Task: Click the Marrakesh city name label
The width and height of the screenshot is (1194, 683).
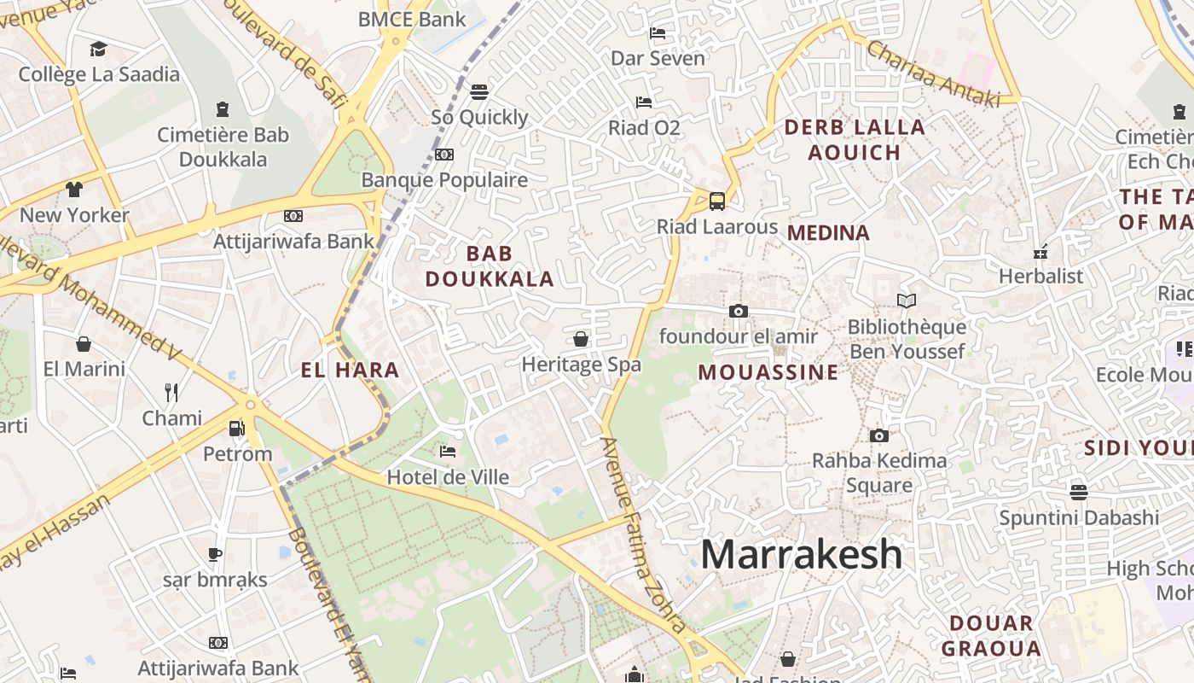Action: pyautogui.click(x=801, y=554)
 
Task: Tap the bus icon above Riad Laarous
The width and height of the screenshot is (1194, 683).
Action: pyautogui.click(x=717, y=201)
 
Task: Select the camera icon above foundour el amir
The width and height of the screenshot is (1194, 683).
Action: pyautogui.click(x=739, y=311)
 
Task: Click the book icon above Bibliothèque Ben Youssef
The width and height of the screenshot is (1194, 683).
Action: pyautogui.click(x=906, y=301)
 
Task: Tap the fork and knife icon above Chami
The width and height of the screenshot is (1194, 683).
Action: pyautogui.click(x=171, y=393)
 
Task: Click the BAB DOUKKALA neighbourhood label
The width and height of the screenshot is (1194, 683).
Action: pyautogui.click(x=490, y=266)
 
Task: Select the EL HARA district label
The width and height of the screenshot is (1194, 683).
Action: pyautogui.click(x=350, y=370)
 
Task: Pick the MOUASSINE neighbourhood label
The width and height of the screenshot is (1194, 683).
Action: pyautogui.click(x=768, y=372)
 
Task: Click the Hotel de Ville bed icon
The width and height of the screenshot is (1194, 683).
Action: pyautogui.click(x=448, y=452)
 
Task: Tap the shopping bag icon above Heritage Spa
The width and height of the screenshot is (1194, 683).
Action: pyautogui.click(x=581, y=339)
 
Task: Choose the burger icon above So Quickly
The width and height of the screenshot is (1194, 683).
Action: pyautogui.click(x=479, y=91)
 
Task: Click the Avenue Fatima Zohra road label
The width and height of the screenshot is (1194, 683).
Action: pyautogui.click(x=643, y=534)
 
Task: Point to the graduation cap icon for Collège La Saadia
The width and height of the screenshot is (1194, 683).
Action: pyautogui.click(x=99, y=49)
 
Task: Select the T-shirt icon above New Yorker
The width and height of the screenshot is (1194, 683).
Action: pyautogui.click(x=74, y=189)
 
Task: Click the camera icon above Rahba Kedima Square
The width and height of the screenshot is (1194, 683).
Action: pyautogui.click(x=879, y=435)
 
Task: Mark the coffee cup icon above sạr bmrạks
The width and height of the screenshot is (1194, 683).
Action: pyautogui.click(x=215, y=554)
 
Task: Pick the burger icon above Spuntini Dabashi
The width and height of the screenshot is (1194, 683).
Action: pyautogui.click(x=1079, y=492)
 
